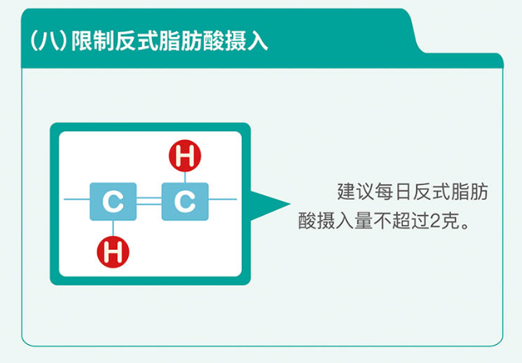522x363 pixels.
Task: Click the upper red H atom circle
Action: pyautogui.click(x=185, y=156)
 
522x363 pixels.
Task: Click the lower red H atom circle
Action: pyautogui.click(x=113, y=252)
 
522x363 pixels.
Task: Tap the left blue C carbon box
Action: pyautogui.click(x=113, y=201)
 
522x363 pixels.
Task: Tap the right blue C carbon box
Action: pyautogui.click(x=185, y=201)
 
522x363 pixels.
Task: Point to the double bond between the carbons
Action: pyautogui.click(x=149, y=201)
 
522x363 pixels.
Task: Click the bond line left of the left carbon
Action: pyautogui.click(x=77, y=200)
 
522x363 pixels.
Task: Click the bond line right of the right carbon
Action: pyautogui.click(x=223, y=200)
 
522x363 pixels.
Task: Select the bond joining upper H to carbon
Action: pyautogui.click(x=185, y=177)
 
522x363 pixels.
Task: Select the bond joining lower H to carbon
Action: pyautogui.click(x=113, y=229)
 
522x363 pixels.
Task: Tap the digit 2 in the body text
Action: pyautogui.click(x=435, y=221)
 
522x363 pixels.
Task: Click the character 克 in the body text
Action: pyautogui.click(x=450, y=221)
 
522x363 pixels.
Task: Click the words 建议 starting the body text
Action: pyautogui.click(x=355, y=191)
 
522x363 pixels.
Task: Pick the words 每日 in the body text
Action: pyautogui.click(x=393, y=191)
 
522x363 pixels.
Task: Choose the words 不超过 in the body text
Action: pyautogui.click(x=401, y=221)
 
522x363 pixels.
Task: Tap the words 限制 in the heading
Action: pyautogui.click(x=93, y=41)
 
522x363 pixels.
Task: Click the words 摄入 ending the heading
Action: pyautogui.click(x=246, y=41)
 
